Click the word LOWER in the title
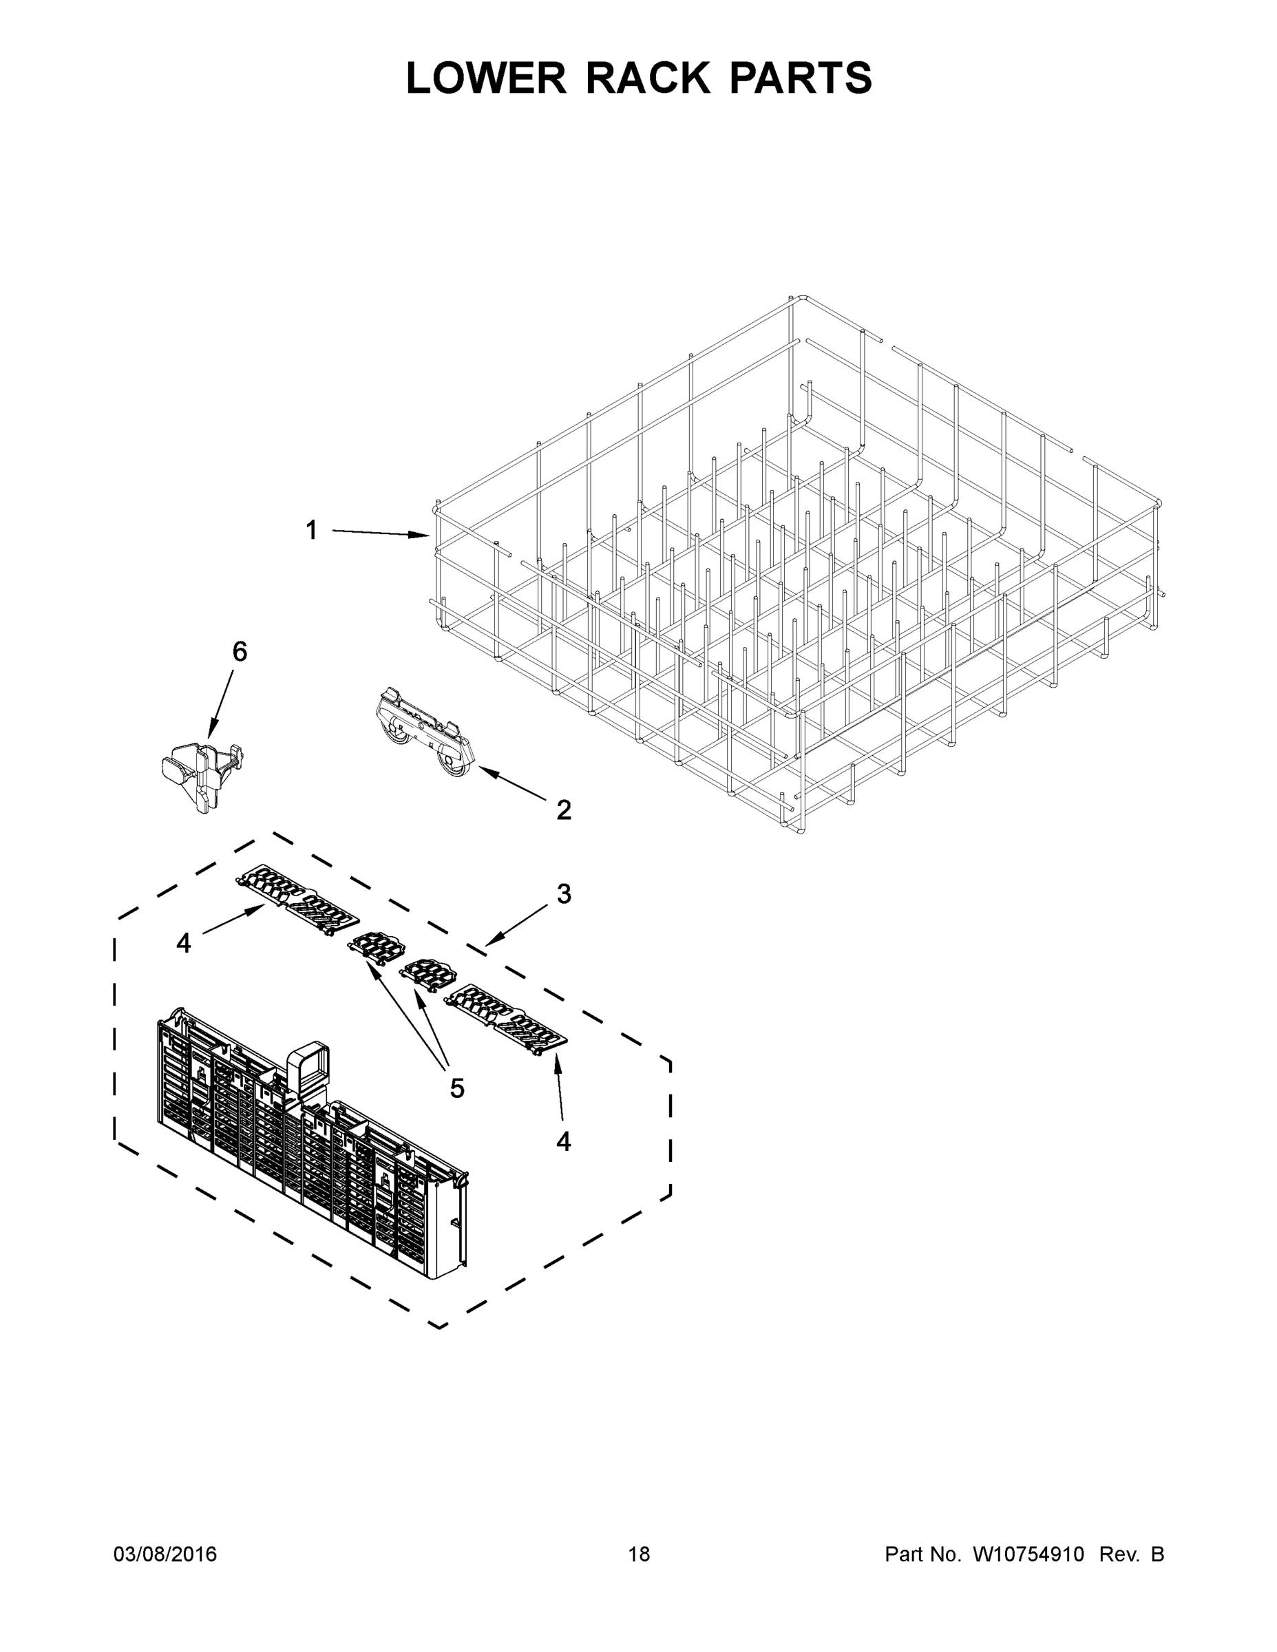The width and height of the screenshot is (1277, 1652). pos(486,78)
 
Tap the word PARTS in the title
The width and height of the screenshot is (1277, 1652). pos(801,78)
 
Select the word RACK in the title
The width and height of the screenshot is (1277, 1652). pos(648,78)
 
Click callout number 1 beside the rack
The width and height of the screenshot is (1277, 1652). pos(311,530)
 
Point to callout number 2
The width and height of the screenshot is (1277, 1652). pos(564,810)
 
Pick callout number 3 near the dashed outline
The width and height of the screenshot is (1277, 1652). pos(564,893)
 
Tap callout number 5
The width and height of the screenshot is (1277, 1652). pos(457,1088)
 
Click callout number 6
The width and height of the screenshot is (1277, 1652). pos(239,651)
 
